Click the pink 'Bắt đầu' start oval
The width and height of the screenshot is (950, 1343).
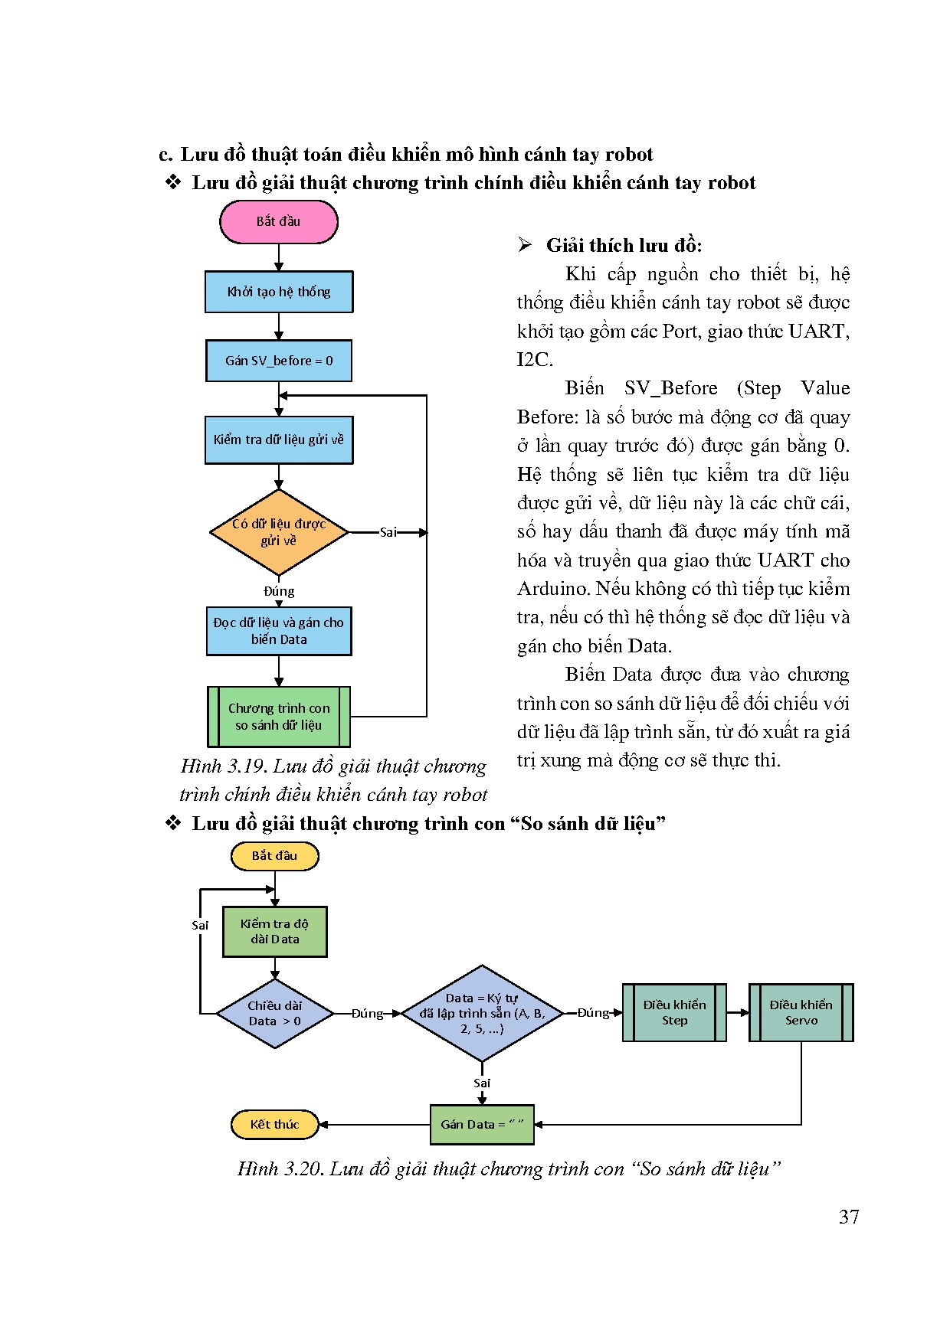pos(278,222)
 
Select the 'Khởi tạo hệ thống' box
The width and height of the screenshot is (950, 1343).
pos(278,292)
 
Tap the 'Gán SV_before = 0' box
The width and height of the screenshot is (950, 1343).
pos(278,361)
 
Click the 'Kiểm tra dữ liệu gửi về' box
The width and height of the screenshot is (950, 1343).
pos(278,440)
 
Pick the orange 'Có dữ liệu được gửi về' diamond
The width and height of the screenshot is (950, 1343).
pos(278,532)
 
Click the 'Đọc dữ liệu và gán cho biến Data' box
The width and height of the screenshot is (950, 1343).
pos(278,631)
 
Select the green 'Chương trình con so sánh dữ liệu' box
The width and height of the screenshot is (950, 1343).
pos(278,717)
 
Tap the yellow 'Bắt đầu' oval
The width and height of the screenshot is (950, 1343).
pos(274,856)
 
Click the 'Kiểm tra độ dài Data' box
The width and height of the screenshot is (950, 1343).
pos(274,932)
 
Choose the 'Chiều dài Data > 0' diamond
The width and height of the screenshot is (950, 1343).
pos(274,1014)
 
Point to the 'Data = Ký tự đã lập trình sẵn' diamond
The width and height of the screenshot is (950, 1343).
pos(482,1014)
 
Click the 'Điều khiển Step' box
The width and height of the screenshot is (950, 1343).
pos(674,1013)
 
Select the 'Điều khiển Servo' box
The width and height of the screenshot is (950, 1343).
pos(801,1013)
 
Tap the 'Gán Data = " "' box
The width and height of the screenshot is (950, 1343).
pos(482,1125)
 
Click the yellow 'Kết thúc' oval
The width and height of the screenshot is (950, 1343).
pos(274,1125)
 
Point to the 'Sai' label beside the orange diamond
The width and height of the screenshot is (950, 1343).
pos(388,532)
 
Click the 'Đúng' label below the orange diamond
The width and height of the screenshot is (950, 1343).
pos(278,591)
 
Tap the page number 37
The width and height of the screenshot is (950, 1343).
pos(849,1217)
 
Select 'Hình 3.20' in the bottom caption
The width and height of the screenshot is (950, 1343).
pos(280,1169)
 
